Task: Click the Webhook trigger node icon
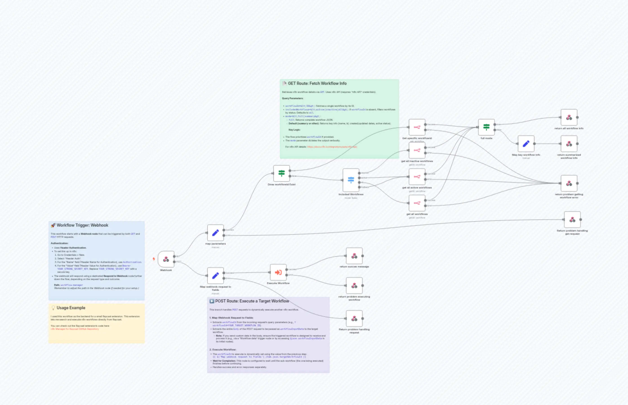tap(166, 259)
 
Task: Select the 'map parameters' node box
tap(216, 233)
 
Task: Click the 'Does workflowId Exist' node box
tap(282, 173)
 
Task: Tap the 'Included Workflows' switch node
tap(351, 180)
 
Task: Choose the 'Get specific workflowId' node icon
tap(417, 127)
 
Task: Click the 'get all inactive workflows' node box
tap(417, 150)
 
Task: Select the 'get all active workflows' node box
tap(417, 177)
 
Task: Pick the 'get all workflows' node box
tap(417, 203)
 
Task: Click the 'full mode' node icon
tap(486, 127)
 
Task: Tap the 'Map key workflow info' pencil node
tap(526, 144)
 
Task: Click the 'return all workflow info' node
tap(569, 118)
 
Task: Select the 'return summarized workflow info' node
tap(569, 144)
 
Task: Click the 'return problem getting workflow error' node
tap(569, 183)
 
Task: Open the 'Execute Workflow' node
tap(278, 272)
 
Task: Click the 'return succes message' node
tap(354, 256)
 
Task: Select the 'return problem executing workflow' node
tap(354, 286)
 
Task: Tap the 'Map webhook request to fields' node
tap(216, 276)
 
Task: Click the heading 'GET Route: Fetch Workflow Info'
tap(317, 83)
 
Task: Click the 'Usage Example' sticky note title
tap(71, 308)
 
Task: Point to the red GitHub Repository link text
tap(75, 329)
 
